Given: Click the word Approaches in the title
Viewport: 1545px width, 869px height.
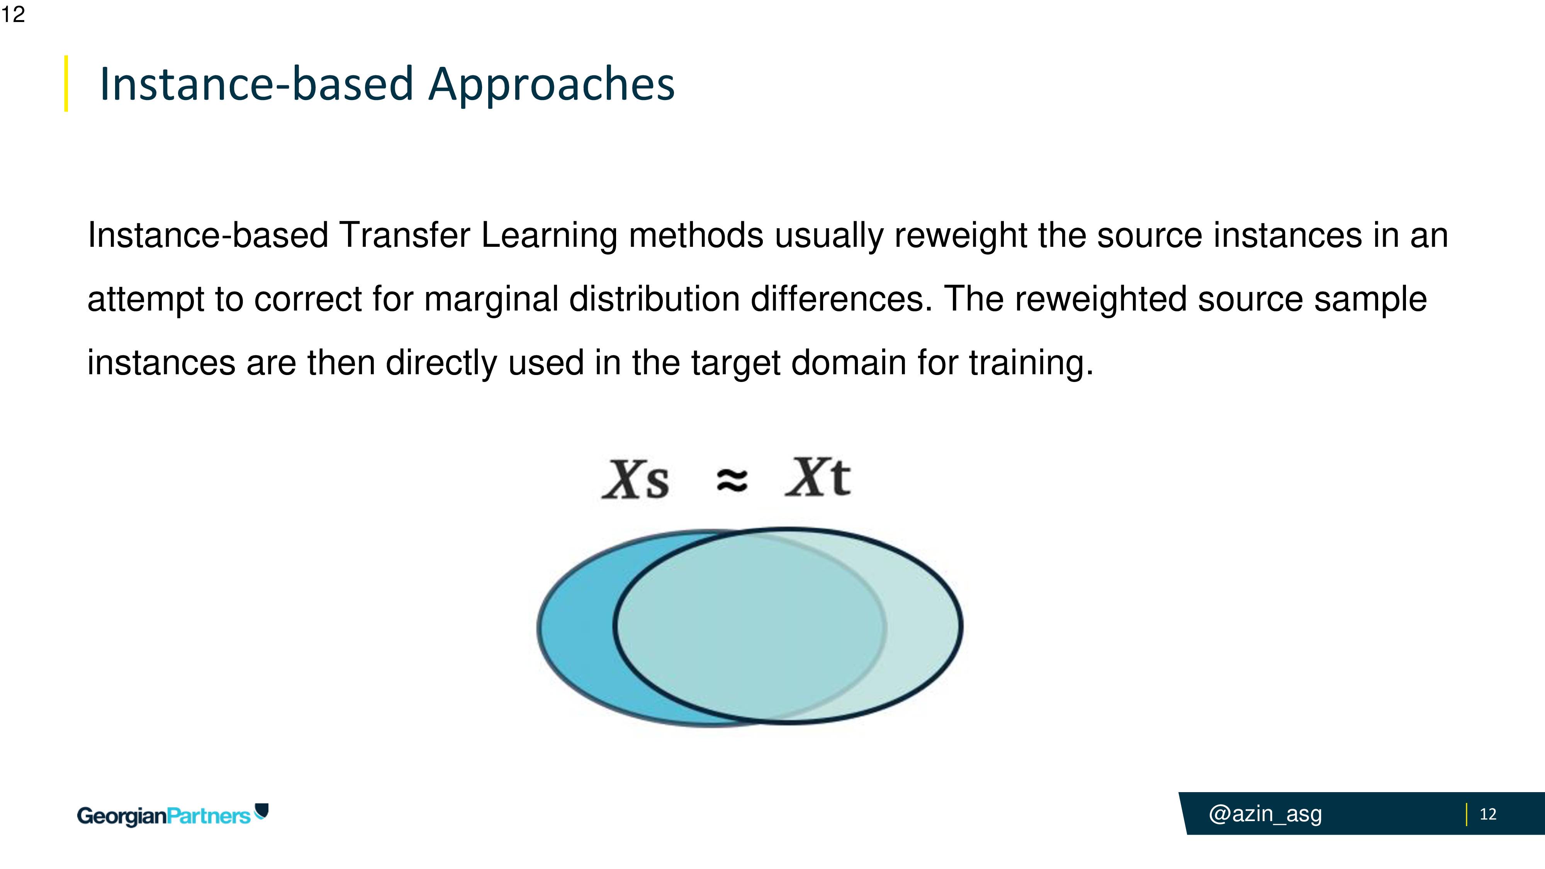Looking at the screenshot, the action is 552,85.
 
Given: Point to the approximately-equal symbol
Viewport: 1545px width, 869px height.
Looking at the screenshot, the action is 732,480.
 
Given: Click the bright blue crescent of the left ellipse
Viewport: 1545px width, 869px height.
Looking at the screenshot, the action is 576,630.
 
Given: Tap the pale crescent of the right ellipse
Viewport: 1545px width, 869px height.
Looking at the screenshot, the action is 924,627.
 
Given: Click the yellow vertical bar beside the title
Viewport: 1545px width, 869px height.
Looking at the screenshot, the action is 66,83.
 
